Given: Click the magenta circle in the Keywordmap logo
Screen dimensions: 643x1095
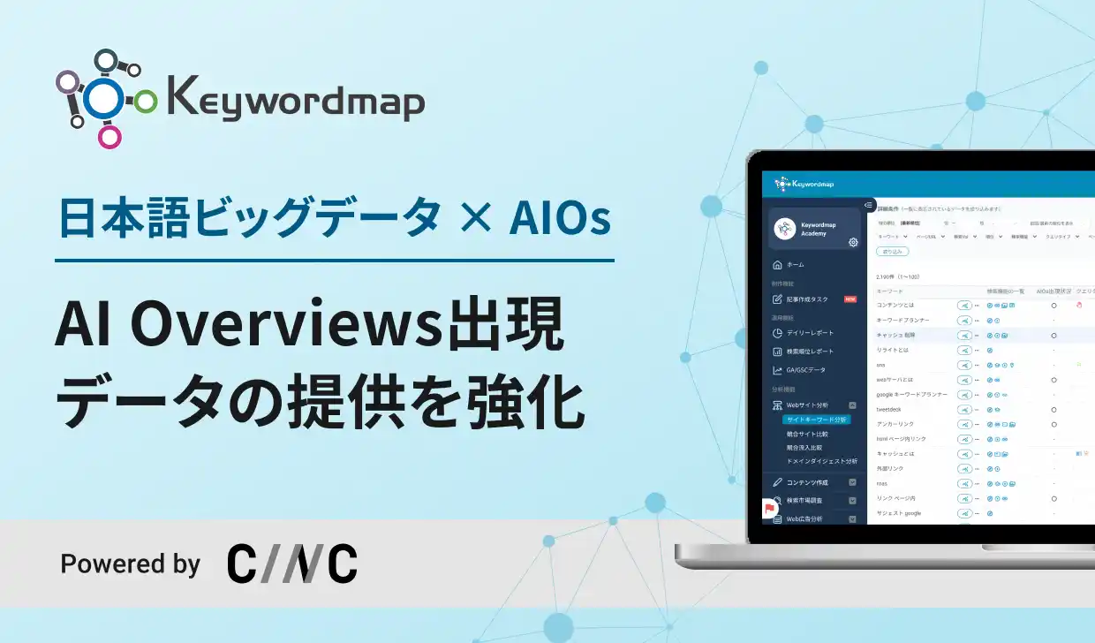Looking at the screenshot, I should coord(109,136).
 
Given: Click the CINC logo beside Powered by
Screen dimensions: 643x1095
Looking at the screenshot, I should coord(292,564).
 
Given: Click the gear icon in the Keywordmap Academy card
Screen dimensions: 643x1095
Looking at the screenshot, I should coord(853,242).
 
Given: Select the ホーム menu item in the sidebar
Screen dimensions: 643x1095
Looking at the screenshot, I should coord(795,265).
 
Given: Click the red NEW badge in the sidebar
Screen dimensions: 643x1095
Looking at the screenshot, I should coord(850,299).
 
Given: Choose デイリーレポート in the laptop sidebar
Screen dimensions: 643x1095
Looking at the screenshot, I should coord(810,333).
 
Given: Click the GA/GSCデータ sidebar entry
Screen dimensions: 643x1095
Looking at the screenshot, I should coord(805,370).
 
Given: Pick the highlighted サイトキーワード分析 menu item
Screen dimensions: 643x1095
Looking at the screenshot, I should coord(816,420).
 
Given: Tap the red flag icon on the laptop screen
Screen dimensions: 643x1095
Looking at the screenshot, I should coord(770,510).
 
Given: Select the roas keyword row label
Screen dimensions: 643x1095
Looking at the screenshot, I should coord(881,483).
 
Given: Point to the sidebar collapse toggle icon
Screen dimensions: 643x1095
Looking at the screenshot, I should coord(869,206).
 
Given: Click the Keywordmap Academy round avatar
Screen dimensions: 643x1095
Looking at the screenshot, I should coord(784,228).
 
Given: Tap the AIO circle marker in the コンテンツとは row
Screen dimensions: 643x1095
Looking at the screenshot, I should coord(1053,306).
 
